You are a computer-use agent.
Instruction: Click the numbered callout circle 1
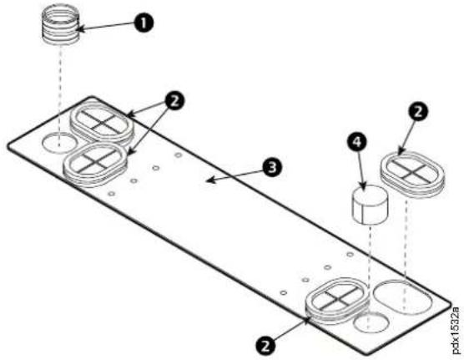point(144,23)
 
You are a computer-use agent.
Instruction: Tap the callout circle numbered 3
point(272,167)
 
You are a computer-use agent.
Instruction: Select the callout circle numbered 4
point(357,143)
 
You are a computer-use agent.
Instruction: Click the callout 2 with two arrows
point(174,101)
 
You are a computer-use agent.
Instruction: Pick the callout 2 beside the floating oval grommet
point(417,112)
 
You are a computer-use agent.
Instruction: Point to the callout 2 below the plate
point(265,346)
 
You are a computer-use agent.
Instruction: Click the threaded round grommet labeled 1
point(62,24)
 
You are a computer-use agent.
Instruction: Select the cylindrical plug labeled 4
point(370,205)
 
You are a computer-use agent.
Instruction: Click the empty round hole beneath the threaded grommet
point(59,144)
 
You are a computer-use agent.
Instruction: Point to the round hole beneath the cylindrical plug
point(371,323)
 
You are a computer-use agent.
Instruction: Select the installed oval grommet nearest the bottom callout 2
point(337,301)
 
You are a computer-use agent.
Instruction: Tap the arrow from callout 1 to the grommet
point(106,27)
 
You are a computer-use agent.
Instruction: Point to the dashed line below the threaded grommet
point(60,96)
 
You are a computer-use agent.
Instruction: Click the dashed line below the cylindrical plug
point(370,276)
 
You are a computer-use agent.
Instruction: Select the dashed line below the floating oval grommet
point(406,254)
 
